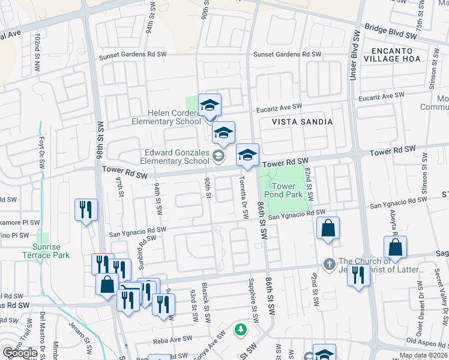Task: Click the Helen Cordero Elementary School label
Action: coord(166,117)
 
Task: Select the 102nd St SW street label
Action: coord(37,53)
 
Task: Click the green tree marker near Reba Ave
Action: coord(240,330)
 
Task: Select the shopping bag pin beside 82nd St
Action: coord(328,229)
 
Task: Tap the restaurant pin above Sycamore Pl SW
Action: coord(85,210)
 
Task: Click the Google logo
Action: coord(19,353)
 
